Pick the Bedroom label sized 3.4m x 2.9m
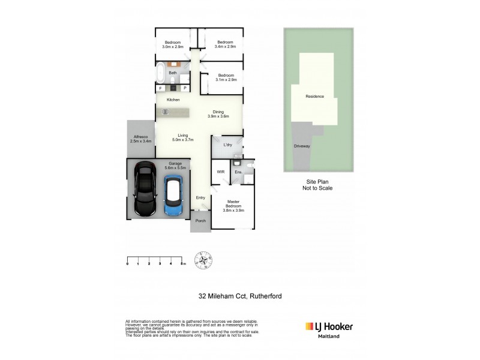tap(225, 44)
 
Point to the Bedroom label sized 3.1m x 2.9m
tap(226, 77)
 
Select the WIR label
tap(220, 172)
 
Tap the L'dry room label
tap(227, 145)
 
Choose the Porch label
tap(200, 221)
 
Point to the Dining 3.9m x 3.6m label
tap(218, 114)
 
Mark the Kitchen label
tap(173, 100)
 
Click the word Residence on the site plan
tap(314, 96)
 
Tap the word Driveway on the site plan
tap(302, 146)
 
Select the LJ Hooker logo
tap(329, 328)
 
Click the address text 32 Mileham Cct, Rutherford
tap(240, 295)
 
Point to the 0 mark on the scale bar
tap(128, 263)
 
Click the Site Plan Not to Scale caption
tap(317, 185)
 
